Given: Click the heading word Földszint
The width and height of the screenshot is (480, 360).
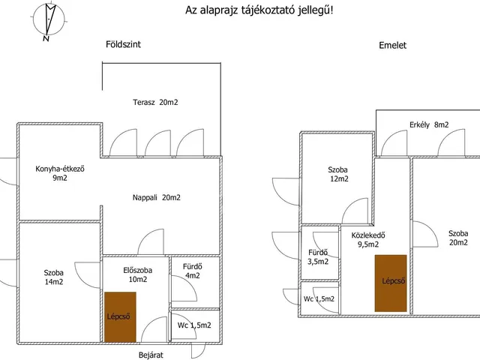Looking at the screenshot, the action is coord(123,44).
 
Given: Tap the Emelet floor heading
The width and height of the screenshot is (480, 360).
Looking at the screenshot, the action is coord(392,45).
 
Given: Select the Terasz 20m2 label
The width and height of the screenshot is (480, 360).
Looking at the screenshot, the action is coord(155,102).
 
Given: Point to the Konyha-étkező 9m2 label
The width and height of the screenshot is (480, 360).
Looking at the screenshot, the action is coord(60,173).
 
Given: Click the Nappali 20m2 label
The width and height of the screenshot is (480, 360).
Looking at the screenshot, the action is coord(157,198).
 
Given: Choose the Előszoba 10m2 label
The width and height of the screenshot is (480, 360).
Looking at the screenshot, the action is coord(138,275).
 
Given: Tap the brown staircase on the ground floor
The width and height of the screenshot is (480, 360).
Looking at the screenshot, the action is coord(120,316).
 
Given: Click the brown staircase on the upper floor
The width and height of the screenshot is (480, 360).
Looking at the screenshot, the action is coord(391,283).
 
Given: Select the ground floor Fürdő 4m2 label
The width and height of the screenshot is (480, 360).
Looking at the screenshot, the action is coord(193,271).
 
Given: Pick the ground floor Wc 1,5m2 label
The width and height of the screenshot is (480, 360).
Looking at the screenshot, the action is coord(194,325).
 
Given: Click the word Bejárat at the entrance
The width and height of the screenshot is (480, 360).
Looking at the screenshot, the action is coord(151,355).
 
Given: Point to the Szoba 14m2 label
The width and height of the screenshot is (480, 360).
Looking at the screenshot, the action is coord(54,277).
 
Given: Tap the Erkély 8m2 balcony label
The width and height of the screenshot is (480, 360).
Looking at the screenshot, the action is coord(429,125).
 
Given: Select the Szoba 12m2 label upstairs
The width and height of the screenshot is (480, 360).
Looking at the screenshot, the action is coord(338,174).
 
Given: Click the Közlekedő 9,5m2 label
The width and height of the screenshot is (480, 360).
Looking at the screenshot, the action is coord(368,240).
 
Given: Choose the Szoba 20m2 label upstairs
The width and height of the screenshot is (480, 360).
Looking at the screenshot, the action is coord(458,238).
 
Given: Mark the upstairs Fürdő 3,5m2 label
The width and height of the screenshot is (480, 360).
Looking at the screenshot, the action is coord(318,256).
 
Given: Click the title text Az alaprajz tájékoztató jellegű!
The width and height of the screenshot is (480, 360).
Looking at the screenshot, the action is coord(259,10).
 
